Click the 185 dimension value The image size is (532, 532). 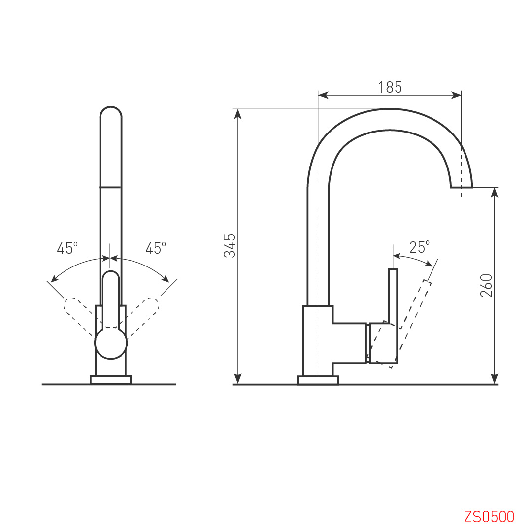pyautogui.click(x=390, y=87)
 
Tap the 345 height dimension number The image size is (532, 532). pyautogui.click(x=230, y=246)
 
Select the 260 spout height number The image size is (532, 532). pyautogui.click(x=486, y=285)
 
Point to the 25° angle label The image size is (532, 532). pyautogui.click(x=419, y=247)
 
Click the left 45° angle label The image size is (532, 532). pyautogui.click(x=67, y=248)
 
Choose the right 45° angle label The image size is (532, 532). pyautogui.click(x=156, y=248)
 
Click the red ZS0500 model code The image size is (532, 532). pyautogui.click(x=489, y=517)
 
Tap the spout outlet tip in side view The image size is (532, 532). pyautogui.click(x=462, y=187)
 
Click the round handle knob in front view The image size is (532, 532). pyautogui.click(x=111, y=343)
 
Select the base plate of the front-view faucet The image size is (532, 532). pyautogui.click(x=111, y=380)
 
